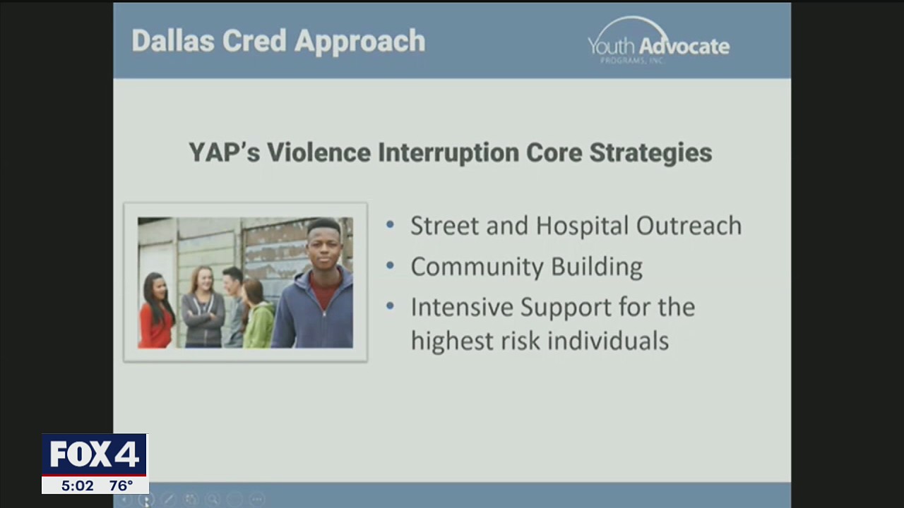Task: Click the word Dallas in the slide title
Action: point(173,41)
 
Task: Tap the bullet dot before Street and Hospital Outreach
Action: point(391,226)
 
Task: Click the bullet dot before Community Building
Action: point(391,267)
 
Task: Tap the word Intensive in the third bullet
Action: point(461,308)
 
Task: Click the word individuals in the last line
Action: point(608,341)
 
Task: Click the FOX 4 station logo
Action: point(94,455)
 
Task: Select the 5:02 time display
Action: point(77,485)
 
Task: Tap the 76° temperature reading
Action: point(121,485)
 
